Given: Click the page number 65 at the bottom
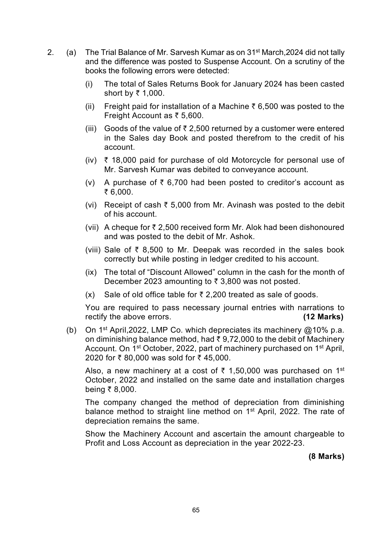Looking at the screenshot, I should (196, 510).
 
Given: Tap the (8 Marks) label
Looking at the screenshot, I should (326, 456).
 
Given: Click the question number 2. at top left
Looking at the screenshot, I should (50, 52).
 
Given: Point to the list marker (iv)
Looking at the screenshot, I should (91, 160).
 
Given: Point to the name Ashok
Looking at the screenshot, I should (243, 237).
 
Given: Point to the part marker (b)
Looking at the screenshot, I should (71, 330).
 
